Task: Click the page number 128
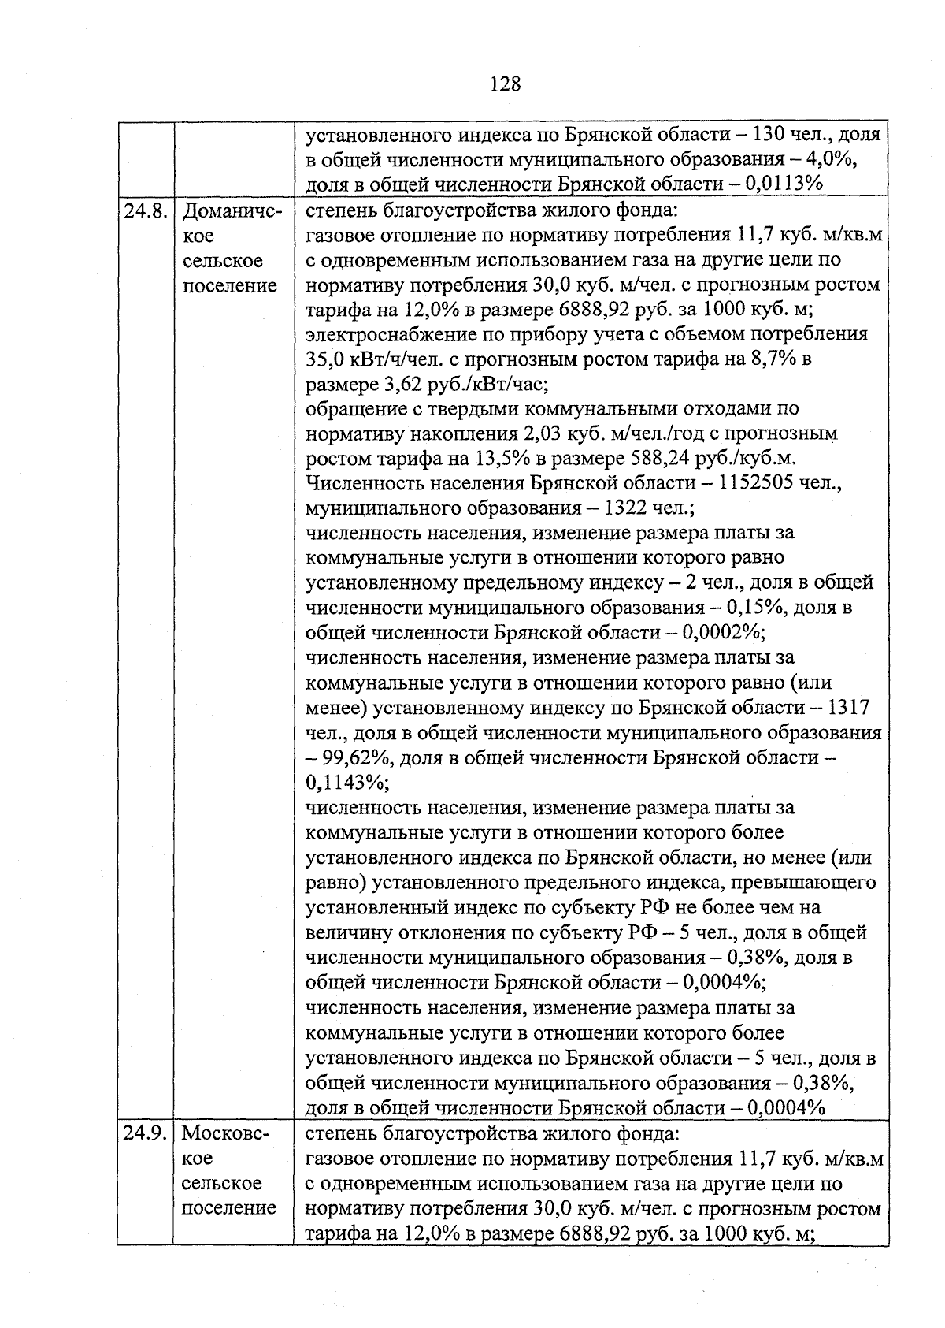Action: [505, 83]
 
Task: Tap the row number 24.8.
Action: [145, 211]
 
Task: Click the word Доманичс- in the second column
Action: [232, 211]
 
